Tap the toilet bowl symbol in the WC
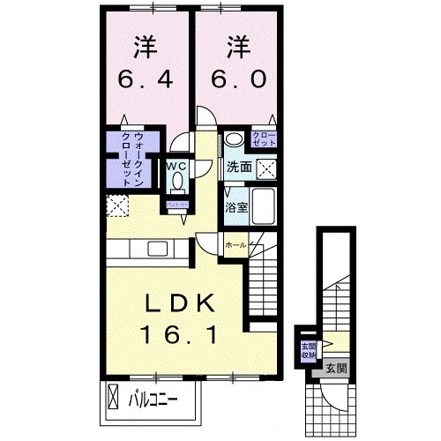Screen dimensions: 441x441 click(x=176, y=181)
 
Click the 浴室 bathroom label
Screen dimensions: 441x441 click(x=235, y=208)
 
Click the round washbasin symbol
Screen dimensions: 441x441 click(x=232, y=139)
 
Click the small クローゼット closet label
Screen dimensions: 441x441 click(x=264, y=138)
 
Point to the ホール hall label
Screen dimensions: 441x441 click(x=235, y=244)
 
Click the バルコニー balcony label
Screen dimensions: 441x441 click(x=155, y=399)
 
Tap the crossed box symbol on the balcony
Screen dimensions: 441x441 click(x=114, y=396)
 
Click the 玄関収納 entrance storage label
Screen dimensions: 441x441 click(x=309, y=349)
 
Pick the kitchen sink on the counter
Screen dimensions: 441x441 click(x=160, y=249)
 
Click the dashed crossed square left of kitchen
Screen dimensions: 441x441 click(x=116, y=206)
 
